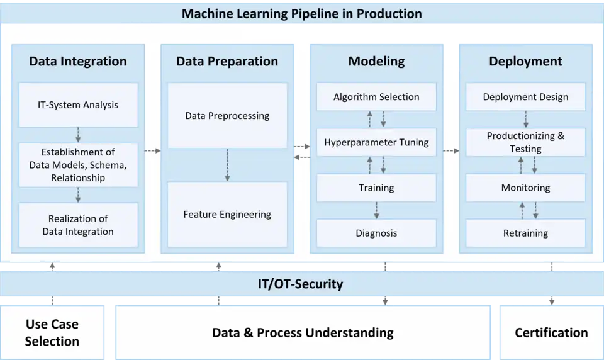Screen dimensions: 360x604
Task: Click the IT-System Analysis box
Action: (x=78, y=105)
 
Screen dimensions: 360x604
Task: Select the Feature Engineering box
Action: (x=227, y=215)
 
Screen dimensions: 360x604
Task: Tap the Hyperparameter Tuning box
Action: (x=376, y=142)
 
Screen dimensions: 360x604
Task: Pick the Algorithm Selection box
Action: (x=376, y=97)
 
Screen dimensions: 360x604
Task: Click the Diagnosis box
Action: (x=376, y=233)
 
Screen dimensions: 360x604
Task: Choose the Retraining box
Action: (x=525, y=233)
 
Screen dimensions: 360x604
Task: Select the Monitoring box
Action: (x=525, y=188)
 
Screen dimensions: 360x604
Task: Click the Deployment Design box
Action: (x=525, y=97)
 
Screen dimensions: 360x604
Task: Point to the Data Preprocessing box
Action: (x=227, y=116)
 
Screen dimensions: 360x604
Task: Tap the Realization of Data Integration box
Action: (x=78, y=225)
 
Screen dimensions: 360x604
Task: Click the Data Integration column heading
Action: (x=78, y=61)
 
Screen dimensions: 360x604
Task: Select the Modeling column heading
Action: (x=376, y=61)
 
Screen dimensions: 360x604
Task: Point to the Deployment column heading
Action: (x=525, y=61)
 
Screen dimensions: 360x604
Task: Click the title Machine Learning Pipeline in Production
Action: (x=302, y=13)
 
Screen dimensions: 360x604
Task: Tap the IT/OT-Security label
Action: (x=301, y=284)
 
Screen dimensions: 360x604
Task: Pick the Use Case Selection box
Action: (x=52, y=332)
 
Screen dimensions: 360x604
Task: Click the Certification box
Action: (x=551, y=332)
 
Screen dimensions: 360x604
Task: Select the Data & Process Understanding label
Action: (x=303, y=332)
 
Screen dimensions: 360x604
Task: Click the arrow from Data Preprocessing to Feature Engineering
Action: (x=227, y=165)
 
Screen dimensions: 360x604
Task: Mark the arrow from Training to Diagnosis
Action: (x=376, y=210)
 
